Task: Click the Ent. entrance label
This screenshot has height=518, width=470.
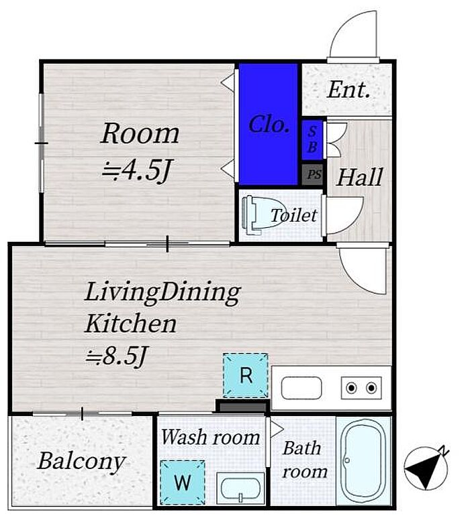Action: [x=348, y=90]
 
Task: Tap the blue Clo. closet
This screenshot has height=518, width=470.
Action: [x=269, y=125]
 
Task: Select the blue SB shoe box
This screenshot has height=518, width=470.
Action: [x=312, y=140]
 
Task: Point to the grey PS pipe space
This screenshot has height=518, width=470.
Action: [x=312, y=174]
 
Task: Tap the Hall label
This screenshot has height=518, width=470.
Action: [x=359, y=178]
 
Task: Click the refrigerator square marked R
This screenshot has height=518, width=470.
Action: [x=245, y=375]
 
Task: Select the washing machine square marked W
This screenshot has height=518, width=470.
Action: [x=183, y=482]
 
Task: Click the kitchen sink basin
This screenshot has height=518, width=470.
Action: [x=301, y=388]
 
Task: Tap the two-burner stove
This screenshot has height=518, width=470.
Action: [x=361, y=387]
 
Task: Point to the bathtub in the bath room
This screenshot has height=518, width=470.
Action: [x=363, y=462]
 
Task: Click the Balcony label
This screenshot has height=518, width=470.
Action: [x=81, y=462]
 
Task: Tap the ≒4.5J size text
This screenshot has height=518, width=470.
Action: [x=136, y=170]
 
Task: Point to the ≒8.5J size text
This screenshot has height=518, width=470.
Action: [x=116, y=355]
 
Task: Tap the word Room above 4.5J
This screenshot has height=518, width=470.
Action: [x=140, y=133]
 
